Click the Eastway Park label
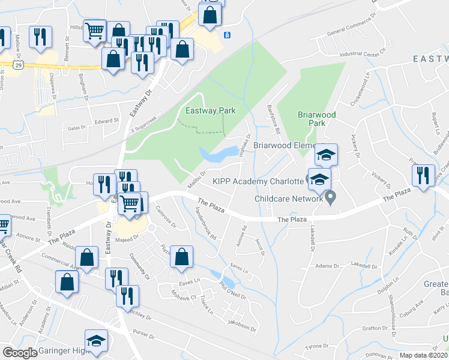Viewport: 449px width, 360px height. pyautogui.click(x=210, y=110)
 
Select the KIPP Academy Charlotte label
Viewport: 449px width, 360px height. pyautogui.click(x=258, y=181)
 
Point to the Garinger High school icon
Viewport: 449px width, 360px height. pyautogui.click(x=96, y=341)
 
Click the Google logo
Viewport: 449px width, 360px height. pyautogui.click(x=20, y=353)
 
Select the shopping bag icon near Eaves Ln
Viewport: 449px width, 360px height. pyautogui.click(x=181, y=257)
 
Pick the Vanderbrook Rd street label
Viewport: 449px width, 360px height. pyautogui.click(x=205, y=219)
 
